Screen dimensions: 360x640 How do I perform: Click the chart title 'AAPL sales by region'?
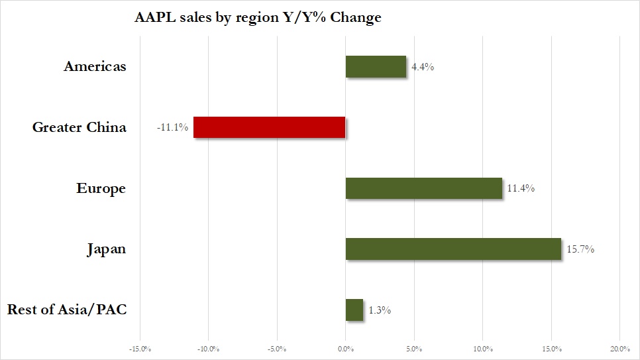pyautogui.click(x=258, y=18)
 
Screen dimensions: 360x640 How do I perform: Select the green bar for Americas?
pyautogui.click(x=376, y=66)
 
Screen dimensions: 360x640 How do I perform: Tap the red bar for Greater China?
pyautogui.click(x=269, y=127)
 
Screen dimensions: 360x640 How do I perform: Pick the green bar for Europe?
pyautogui.click(x=424, y=188)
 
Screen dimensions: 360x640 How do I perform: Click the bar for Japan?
pyautogui.click(x=453, y=249)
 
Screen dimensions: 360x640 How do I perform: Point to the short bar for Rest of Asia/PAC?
pyautogui.click(x=354, y=310)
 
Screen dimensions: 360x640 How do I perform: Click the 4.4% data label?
pyautogui.click(x=422, y=67)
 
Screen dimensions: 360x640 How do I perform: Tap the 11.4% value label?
pyautogui.click(x=521, y=188)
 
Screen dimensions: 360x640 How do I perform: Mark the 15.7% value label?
pyautogui.click(x=580, y=249)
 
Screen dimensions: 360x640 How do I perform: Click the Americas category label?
pyautogui.click(x=95, y=66)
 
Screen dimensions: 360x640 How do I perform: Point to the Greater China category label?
pyautogui.click(x=79, y=127)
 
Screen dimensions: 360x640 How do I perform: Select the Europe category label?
pyautogui.click(x=101, y=188)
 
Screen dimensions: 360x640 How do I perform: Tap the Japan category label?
pyautogui.click(x=106, y=249)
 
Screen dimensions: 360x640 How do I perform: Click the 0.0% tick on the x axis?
pyautogui.click(x=345, y=349)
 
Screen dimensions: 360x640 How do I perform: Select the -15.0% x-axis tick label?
pyautogui.click(x=140, y=349)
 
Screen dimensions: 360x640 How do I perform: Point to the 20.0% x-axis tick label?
pyautogui.click(x=619, y=349)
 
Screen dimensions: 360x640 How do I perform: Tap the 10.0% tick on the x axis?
pyautogui.click(x=482, y=349)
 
